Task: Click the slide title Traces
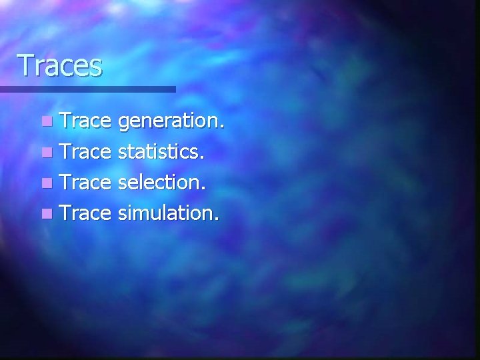[60, 66]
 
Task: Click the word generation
[169, 122]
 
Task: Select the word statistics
[157, 152]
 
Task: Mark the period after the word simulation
[217, 220]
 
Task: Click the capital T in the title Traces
[25, 65]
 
